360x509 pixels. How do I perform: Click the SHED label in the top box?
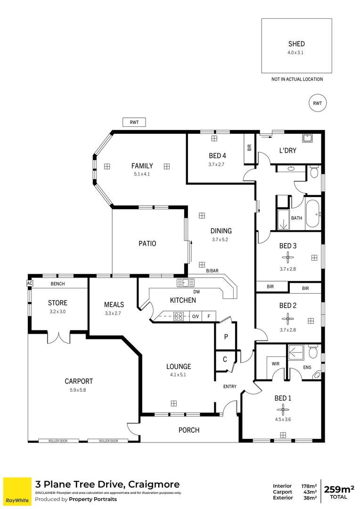[296, 44]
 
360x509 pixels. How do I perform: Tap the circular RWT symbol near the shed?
[317, 103]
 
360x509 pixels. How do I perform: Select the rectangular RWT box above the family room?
[134, 122]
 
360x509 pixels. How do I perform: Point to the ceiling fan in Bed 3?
[287, 257]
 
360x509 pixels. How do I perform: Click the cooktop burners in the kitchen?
[179, 316]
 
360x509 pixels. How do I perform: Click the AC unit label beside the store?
[30, 283]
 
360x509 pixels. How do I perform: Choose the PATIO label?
[147, 244]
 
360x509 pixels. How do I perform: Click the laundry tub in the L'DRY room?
[309, 138]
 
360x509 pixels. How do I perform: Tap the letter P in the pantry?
[226, 337]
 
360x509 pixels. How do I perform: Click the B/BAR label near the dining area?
[213, 271]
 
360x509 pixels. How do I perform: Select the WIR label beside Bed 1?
[276, 363]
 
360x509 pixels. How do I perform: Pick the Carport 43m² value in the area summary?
[310, 492]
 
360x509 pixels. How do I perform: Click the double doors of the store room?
[59, 337]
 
